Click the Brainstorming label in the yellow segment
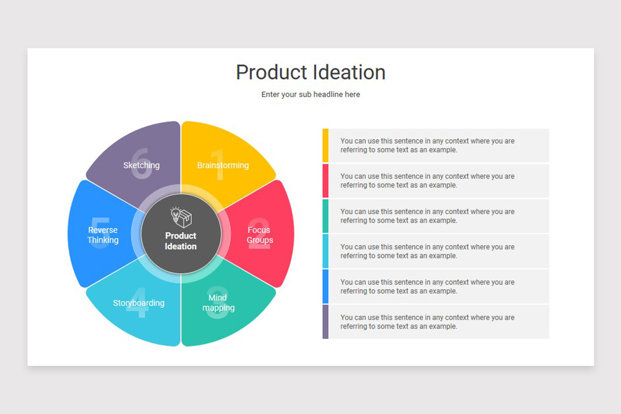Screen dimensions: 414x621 pos(223,166)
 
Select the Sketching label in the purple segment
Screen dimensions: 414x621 pos(141,166)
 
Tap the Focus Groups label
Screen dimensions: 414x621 pos(259,235)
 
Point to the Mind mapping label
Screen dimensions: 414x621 pos(218,303)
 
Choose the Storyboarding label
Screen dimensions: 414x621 pos(139,303)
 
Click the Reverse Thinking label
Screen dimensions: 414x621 pos(103,235)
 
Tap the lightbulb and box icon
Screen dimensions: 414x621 pos(181,217)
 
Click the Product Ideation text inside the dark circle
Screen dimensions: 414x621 pos(181,241)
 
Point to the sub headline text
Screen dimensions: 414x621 pos(310,95)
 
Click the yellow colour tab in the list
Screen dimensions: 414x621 pos(326,145)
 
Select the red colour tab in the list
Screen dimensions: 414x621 pos(326,181)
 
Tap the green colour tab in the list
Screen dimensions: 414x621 pos(326,216)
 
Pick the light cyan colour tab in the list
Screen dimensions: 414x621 pos(326,251)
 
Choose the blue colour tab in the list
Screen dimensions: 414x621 pos(326,286)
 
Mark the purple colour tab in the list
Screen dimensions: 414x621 pos(326,321)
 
